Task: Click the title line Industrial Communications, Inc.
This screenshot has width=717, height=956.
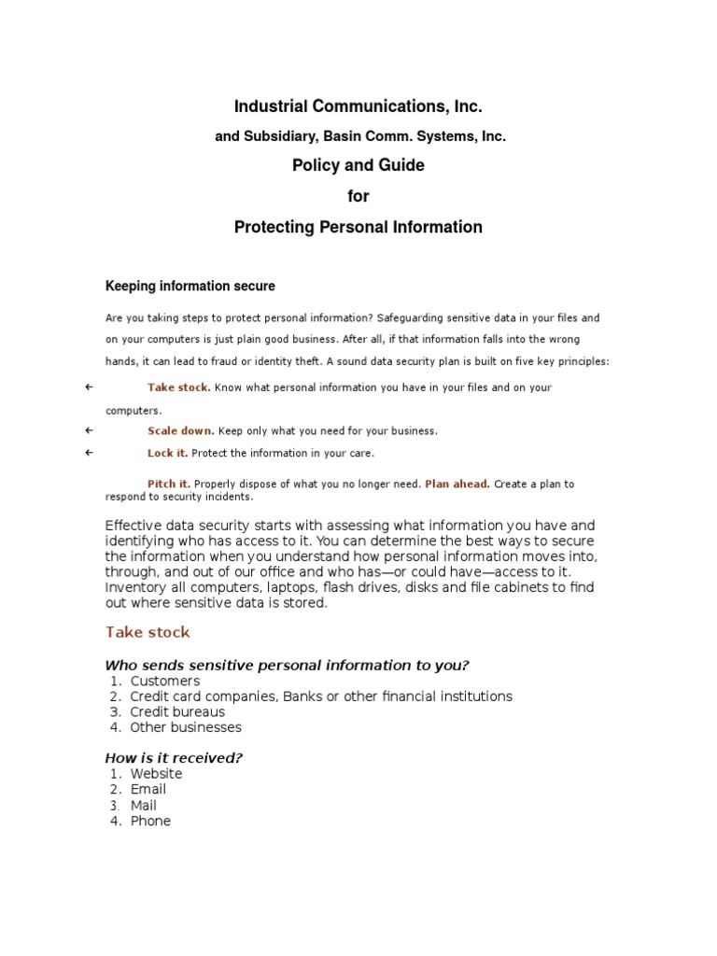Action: point(358,107)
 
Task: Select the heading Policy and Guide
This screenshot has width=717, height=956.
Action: point(358,165)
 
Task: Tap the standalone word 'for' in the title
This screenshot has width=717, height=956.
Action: point(358,196)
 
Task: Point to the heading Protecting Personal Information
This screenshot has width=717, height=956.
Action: point(358,227)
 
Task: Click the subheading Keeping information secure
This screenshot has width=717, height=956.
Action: point(190,286)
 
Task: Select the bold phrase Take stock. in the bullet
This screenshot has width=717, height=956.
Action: point(178,387)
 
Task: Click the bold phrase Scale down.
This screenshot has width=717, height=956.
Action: point(181,431)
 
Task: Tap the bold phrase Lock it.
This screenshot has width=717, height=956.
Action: point(167,453)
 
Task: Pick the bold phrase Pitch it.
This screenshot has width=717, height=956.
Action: point(169,484)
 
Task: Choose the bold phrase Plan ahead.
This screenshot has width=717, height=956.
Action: point(457,484)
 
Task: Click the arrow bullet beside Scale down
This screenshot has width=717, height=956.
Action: point(89,431)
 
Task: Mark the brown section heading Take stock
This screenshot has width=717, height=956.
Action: point(148,632)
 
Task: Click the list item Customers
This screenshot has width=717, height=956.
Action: point(164,682)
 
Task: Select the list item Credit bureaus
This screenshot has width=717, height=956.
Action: point(177,712)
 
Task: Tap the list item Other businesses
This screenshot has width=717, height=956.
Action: point(186,727)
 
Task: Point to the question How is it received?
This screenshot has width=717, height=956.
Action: point(174,758)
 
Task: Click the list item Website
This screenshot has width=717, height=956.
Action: point(156,774)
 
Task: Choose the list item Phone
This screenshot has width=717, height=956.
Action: point(150,821)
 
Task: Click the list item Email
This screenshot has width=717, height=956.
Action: point(148,790)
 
